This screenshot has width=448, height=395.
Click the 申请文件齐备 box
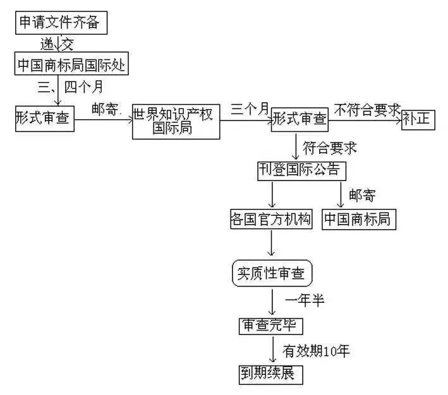(60, 23)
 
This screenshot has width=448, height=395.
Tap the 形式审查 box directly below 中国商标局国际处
(44, 119)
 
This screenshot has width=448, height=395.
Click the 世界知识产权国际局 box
(176, 122)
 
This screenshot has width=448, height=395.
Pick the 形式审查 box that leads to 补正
(300, 119)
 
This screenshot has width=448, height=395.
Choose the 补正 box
(418, 119)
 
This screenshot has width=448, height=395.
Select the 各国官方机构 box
(271, 219)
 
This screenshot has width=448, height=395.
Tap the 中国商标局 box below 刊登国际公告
(356, 219)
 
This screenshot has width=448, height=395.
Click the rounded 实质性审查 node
(272, 273)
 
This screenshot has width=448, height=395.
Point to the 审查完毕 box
(271, 325)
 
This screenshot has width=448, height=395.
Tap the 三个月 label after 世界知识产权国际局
(250, 109)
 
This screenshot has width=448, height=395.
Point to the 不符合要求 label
(367, 109)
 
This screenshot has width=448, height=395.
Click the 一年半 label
(305, 300)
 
